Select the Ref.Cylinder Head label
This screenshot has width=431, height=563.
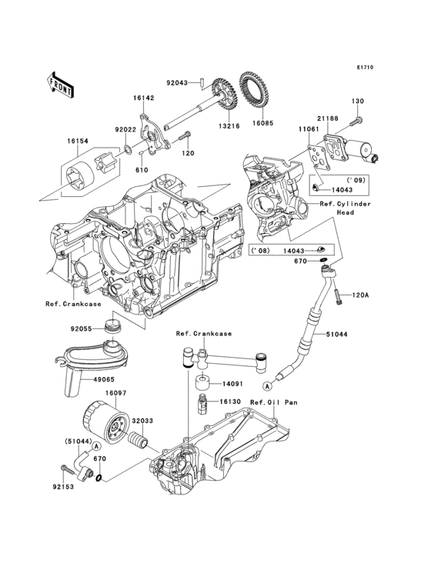345,208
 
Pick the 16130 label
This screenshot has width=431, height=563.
232,401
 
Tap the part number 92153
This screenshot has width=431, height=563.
64,486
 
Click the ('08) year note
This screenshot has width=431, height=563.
259,251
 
